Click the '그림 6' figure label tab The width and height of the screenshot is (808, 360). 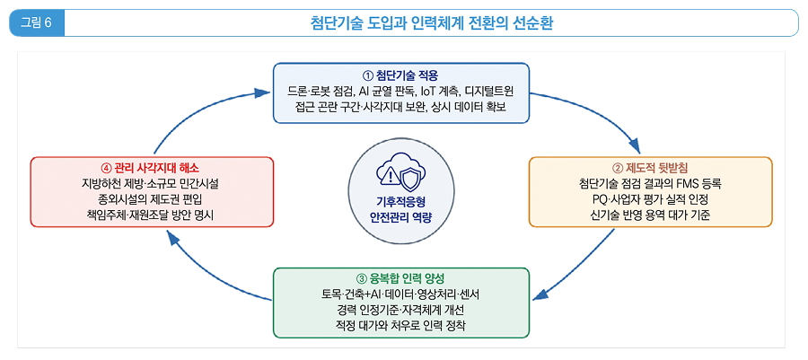[37, 23]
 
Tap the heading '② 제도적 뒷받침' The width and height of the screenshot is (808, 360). [650, 169]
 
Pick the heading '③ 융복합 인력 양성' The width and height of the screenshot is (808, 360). [400, 280]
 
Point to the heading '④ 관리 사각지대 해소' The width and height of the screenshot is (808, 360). [151, 169]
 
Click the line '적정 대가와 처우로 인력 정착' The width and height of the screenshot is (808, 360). [400, 326]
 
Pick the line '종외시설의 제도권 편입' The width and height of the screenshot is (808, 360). [151, 198]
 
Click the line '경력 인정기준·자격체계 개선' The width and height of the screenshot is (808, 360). [400, 311]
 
